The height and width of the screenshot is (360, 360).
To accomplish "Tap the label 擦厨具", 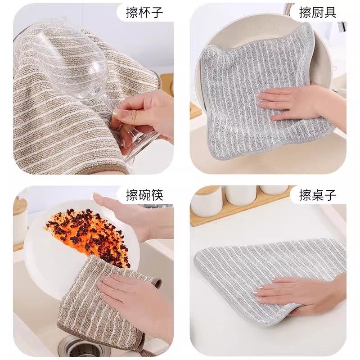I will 318,12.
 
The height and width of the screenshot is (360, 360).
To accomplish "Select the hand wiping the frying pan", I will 292,101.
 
